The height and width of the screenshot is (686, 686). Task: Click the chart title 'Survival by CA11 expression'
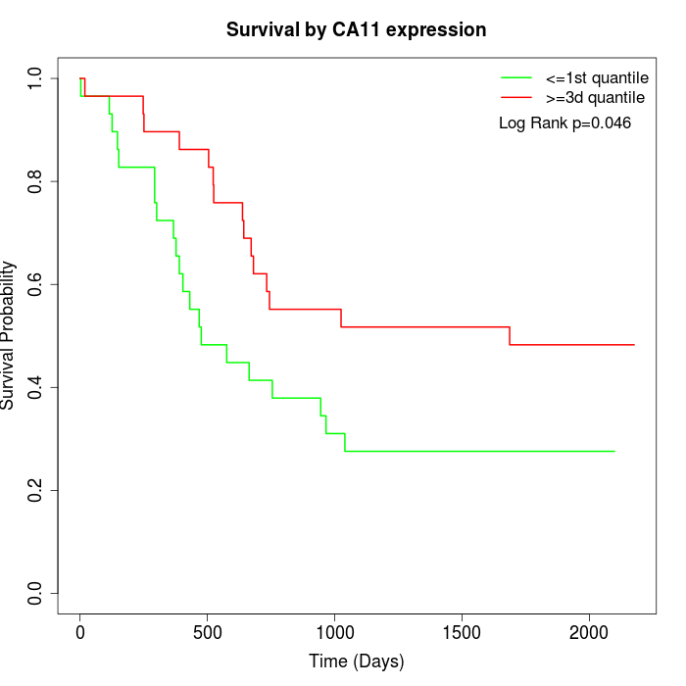point(356,30)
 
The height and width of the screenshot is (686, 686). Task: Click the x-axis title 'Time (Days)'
point(356,661)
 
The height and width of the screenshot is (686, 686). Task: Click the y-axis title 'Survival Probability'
point(9,335)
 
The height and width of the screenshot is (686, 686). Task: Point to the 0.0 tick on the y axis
point(36,593)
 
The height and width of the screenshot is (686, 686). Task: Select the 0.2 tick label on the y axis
point(36,490)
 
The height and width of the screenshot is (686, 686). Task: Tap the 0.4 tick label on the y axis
point(36,387)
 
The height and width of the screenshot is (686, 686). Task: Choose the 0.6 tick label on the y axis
point(36,284)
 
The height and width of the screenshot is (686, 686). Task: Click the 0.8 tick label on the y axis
point(36,181)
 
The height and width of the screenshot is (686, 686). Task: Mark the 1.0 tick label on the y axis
point(36,78)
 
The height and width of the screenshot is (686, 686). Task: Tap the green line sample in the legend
point(516,77)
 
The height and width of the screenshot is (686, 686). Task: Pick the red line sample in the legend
point(516,98)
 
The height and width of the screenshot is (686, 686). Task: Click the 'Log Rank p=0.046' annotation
point(564,123)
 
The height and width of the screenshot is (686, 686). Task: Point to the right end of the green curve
point(614,451)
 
